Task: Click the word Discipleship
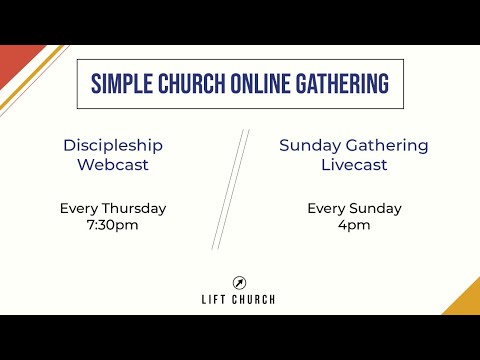tap(113, 145)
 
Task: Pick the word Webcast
tap(113, 164)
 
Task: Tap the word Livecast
tap(353, 164)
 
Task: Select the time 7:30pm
tap(113, 225)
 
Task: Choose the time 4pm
tap(353, 225)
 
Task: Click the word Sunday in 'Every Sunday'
tap(374, 209)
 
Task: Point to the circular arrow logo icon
tap(240, 282)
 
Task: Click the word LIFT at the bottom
tap(214, 299)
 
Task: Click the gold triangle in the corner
tap(466, 301)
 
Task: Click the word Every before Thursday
tap(79, 209)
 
